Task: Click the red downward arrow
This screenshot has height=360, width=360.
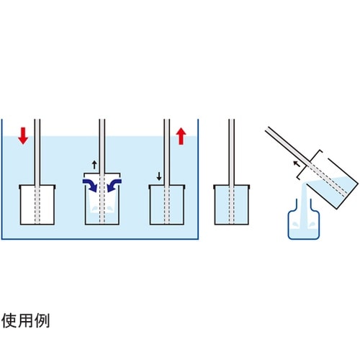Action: (23, 136)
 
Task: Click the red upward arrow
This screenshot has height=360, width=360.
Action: (181, 136)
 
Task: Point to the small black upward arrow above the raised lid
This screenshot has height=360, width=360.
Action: (94, 165)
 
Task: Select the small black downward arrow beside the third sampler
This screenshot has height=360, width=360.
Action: (159, 176)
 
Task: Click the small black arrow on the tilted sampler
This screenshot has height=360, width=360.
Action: (297, 164)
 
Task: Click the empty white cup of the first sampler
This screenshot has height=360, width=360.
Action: (37, 204)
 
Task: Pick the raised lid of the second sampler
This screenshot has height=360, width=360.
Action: (102, 175)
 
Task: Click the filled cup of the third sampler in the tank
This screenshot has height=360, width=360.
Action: (167, 204)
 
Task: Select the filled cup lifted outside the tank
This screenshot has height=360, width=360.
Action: (232, 204)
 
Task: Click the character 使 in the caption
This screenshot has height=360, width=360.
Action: (9, 320)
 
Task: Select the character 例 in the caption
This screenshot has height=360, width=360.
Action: (42, 320)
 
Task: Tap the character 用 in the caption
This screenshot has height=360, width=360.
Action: (26, 320)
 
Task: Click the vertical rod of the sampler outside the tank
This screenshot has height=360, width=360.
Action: (232, 152)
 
